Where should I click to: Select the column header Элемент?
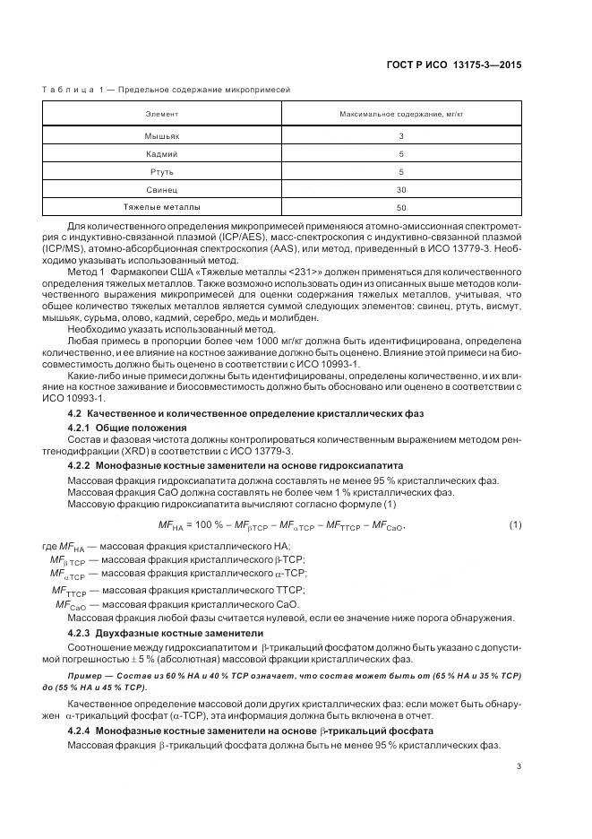pos(162,116)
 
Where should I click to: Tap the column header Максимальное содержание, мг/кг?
pos(401,116)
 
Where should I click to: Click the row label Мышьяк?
pos(162,136)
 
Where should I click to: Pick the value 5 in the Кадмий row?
pos(401,154)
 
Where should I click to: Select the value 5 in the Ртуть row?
pos(401,172)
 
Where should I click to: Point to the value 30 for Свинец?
pos(401,190)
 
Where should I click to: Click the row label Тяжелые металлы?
pos(162,207)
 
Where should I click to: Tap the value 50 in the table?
pos(401,207)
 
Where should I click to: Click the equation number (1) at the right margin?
pos(514,524)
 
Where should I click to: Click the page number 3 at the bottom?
pos(519,766)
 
